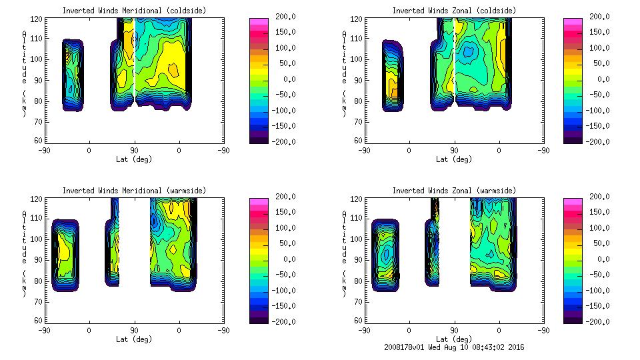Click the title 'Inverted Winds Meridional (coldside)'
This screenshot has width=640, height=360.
(x=134, y=11)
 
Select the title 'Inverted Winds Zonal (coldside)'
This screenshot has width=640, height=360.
(x=454, y=11)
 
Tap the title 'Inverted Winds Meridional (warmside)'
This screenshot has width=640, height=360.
(x=134, y=191)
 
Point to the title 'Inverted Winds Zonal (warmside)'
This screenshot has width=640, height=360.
(x=454, y=191)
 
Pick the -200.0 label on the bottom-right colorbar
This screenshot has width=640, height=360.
(x=603, y=322)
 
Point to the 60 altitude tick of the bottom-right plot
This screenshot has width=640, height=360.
(x=353, y=321)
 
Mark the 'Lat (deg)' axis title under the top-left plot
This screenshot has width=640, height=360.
(x=134, y=159)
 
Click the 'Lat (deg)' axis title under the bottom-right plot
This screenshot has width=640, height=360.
(x=454, y=339)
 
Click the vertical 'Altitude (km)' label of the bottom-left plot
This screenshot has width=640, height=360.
(x=24, y=253)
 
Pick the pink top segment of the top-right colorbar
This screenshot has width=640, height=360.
(x=573, y=22)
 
